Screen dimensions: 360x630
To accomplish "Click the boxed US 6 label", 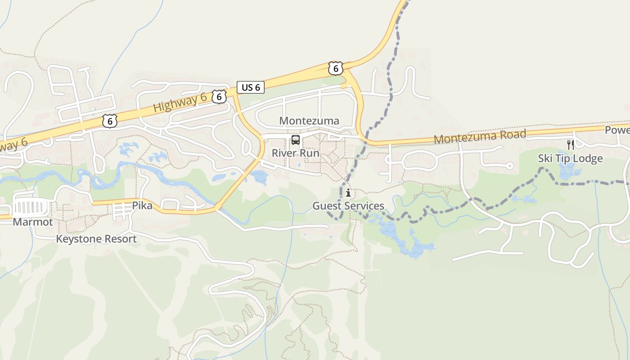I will pyautogui.click(x=251, y=87).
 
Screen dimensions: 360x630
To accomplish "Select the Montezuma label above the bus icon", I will pyautogui.click(x=309, y=121).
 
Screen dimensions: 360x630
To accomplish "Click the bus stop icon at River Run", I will pyautogui.click(x=295, y=139).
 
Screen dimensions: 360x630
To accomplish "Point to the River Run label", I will pyautogui.click(x=295, y=153).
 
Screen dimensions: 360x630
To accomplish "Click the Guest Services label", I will pyautogui.click(x=348, y=206).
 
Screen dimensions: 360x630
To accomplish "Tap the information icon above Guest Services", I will pyautogui.click(x=348, y=193).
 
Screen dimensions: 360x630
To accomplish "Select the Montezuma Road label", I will pyautogui.click(x=480, y=136).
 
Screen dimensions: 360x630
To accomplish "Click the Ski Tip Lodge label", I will pyautogui.click(x=570, y=158).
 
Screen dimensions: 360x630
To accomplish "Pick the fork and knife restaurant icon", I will pyautogui.click(x=570, y=144).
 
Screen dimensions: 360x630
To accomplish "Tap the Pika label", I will pyautogui.click(x=142, y=206).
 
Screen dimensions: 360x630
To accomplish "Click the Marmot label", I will pyautogui.click(x=33, y=222).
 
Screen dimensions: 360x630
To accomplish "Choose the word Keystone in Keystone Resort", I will pyautogui.click(x=76, y=239).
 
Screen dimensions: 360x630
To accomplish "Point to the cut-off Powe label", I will pyautogui.click(x=617, y=130).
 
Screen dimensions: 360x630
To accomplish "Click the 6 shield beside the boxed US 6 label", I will pyautogui.click(x=219, y=96).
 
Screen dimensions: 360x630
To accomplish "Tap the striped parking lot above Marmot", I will pyautogui.click(x=31, y=207).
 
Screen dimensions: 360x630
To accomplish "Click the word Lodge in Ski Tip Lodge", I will pyautogui.click(x=588, y=158).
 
